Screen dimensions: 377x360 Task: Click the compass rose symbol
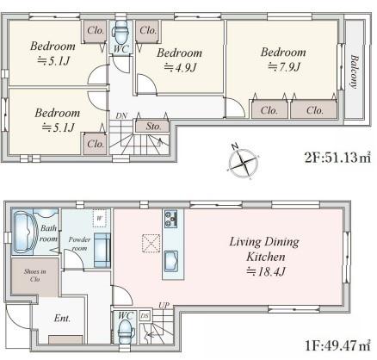click(x=243, y=162)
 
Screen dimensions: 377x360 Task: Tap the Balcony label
click(x=355, y=71)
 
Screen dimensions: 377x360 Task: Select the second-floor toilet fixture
click(x=121, y=32)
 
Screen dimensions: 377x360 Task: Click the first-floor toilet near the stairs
click(x=127, y=332)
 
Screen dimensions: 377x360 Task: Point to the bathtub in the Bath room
click(x=25, y=232)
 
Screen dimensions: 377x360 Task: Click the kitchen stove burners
click(x=170, y=219)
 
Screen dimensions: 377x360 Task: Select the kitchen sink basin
click(x=170, y=261)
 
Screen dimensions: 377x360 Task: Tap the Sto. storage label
click(x=153, y=126)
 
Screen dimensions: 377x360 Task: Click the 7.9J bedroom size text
click(x=284, y=67)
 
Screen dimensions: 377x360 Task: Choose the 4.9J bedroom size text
click(x=180, y=67)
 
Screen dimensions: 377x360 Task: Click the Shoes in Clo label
click(x=35, y=275)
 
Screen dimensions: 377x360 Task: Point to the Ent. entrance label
click(x=62, y=318)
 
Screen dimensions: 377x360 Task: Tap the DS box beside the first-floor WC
click(x=145, y=316)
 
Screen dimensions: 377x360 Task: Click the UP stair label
click(x=164, y=305)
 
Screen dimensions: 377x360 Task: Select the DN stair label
click(x=121, y=115)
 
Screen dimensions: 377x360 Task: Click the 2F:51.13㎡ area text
click(x=337, y=158)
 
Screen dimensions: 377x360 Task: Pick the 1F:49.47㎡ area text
click(x=337, y=345)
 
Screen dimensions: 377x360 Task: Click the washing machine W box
click(x=99, y=218)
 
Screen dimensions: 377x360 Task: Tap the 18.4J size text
click(x=266, y=271)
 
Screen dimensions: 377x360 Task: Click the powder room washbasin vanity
click(x=102, y=251)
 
